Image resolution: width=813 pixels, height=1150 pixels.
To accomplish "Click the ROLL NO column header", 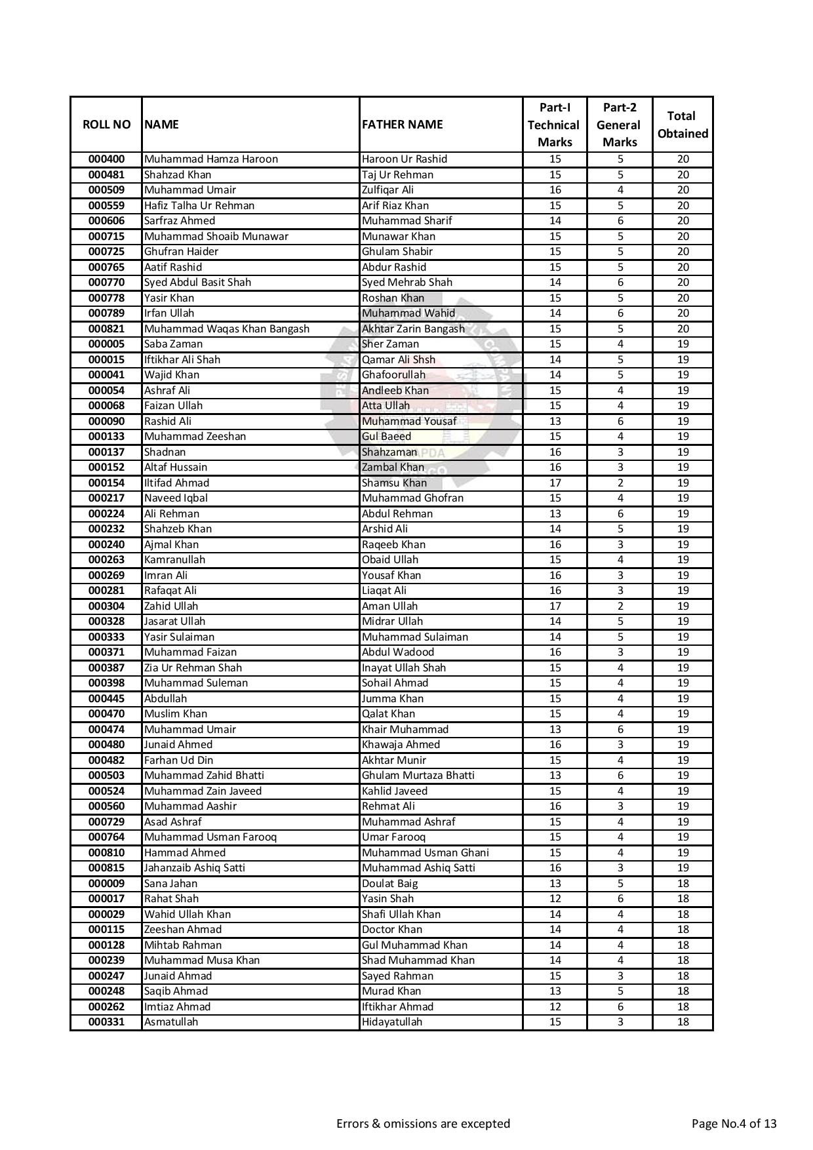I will point(106,125).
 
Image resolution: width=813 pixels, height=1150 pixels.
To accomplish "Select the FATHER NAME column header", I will point(402,125).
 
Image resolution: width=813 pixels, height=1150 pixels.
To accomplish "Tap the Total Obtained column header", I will point(683,125).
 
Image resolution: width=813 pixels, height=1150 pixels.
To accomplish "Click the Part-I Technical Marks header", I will point(554,125).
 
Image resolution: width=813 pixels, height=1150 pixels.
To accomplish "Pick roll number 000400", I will point(106,159).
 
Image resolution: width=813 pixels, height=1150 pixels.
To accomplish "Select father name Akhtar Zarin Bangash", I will point(413,328).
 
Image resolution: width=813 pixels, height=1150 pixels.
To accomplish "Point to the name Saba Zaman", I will point(173,344).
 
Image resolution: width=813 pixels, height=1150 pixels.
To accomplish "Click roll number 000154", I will point(106,483).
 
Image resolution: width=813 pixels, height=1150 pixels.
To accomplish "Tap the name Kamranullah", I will point(174,560).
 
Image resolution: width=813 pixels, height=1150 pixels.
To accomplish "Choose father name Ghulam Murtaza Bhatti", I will point(418,776).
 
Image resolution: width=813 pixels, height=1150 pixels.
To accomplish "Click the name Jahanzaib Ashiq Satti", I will point(194,868).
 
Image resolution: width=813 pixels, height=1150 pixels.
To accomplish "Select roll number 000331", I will point(106,1022).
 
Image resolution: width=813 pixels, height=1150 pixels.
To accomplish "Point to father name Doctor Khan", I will point(391,930).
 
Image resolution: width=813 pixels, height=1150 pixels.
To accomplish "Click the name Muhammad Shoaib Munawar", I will point(216,236).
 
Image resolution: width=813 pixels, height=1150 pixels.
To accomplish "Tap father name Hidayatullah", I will point(391,1022).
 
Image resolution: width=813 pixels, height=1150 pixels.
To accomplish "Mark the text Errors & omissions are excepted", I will point(423,1124).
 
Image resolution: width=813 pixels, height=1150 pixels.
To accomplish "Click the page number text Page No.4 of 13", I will point(734,1124).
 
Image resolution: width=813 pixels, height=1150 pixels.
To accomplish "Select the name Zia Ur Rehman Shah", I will point(193,668).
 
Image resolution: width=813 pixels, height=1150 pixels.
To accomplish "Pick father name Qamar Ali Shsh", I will point(398,359).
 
